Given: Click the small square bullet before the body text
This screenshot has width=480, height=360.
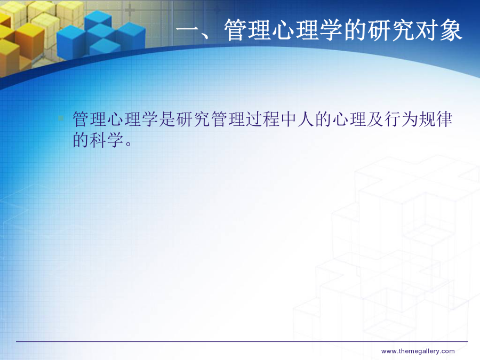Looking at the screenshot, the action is click(x=61, y=118).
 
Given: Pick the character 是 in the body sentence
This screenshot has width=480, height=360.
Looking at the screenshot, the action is click(x=167, y=119).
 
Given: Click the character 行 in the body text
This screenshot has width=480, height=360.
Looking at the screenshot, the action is click(x=392, y=119).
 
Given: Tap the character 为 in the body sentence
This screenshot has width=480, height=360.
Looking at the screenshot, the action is click(x=409, y=119).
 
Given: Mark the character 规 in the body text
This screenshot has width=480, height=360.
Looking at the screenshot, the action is click(x=427, y=119).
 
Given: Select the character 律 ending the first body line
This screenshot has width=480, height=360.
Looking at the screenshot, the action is click(x=444, y=119).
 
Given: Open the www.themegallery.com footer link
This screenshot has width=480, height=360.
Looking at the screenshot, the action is click(x=418, y=351).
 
